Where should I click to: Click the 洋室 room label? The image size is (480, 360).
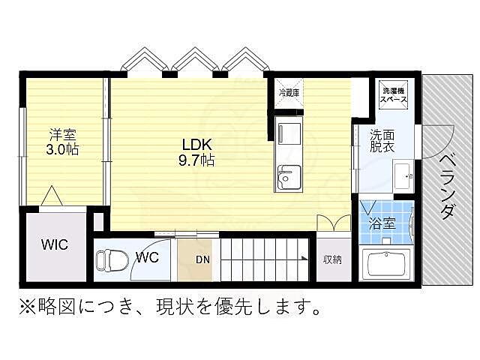(x=63, y=135)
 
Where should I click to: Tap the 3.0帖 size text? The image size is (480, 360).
(x=63, y=148)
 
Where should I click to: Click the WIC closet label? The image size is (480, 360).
(x=54, y=244)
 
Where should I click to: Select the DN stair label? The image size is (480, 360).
(x=203, y=261)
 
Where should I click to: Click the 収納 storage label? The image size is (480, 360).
(x=333, y=260)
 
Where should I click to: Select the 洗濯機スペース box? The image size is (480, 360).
(x=391, y=94)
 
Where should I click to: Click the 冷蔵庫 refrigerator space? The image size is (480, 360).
(x=289, y=93)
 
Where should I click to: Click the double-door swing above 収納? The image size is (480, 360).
(x=333, y=224)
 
